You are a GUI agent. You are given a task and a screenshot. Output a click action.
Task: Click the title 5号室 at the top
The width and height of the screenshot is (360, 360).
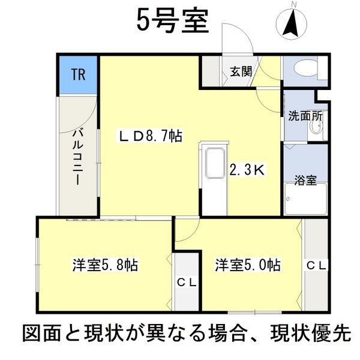[172, 23]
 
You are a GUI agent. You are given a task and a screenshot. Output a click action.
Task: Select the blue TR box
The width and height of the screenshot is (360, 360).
[78, 74]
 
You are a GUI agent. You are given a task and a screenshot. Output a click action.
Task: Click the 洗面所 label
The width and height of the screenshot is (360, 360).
[305, 116]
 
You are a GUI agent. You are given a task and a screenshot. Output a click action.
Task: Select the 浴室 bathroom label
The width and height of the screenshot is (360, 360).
[305, 178]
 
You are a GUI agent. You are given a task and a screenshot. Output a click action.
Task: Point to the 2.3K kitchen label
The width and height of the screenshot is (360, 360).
[247, 170]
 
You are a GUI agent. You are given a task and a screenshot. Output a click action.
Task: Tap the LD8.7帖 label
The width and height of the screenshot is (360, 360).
[150, 137]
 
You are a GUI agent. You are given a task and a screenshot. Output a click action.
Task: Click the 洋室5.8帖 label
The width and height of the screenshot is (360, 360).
[106, 265]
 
